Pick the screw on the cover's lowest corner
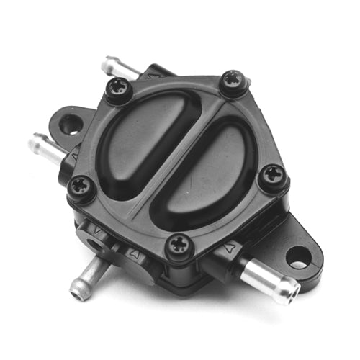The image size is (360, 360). click(178, 246)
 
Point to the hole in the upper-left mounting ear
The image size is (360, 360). click(71, 125)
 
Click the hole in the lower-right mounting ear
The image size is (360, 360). click(297, 256)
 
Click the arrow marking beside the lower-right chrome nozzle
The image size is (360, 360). click(228, 248)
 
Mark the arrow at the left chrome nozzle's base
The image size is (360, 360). click(75, 153)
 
